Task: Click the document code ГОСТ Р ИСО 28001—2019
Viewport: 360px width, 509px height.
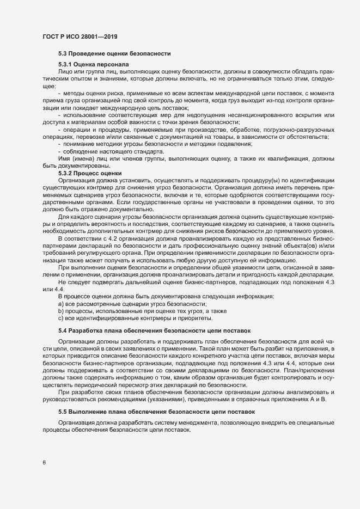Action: click(80, 37)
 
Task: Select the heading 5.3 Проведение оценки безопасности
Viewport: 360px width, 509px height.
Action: click(114, 53)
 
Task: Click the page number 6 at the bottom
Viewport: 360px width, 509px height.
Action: click(44, 463)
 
